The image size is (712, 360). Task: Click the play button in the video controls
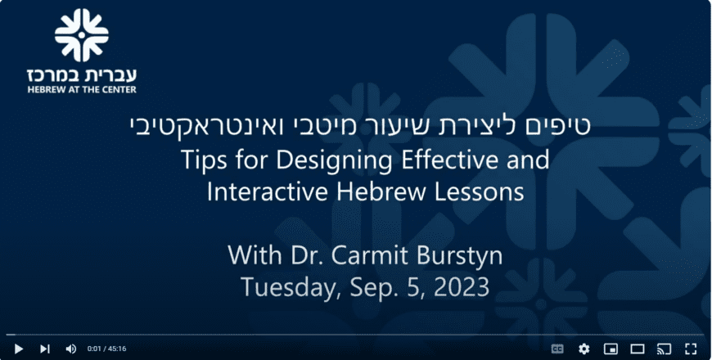pyautogui.click(x=19, y=349)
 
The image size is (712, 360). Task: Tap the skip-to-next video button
pyautogui.click(x=44, y=349)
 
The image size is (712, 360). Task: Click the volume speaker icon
pyautogui.click(x=71, y=349)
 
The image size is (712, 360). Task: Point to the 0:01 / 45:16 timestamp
pyautogui.click(x=106, y=349)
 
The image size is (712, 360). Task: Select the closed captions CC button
pyautogui.click(x=557, y=349)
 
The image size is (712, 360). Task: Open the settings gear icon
pyautogui.click(x=584, y=349)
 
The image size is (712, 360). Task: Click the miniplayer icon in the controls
pyautogui.click(x=611, y=349)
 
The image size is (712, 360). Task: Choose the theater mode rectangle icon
pyautogui.click(x=638, y=349)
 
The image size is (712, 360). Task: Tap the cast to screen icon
pyautogui.click(x=664, y=349)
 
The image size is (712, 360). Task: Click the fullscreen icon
pyautogui.click(x=691, y=349)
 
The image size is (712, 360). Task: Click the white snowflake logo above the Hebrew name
pyautogui.click(x=82, y=35)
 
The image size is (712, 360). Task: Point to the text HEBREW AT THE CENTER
pyautogui.click(x=82, y=89)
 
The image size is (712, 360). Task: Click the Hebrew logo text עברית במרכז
pyautogui.click(x=82, y=74)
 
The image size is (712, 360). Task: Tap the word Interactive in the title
pyautogui.click(x=268, y=191)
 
